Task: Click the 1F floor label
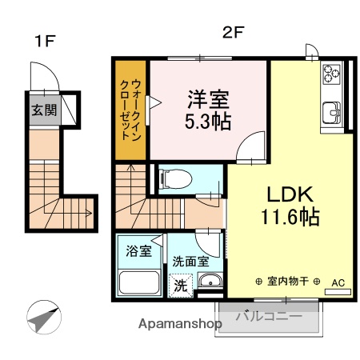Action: click(x=44, y=41)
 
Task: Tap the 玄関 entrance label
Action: click(x=45, y=110)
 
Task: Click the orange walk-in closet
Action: click(x=129, y=110)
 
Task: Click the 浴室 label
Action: click(x=138, y=251)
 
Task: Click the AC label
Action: click(x=338, y=282)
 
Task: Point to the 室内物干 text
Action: click(x=288, y=282)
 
